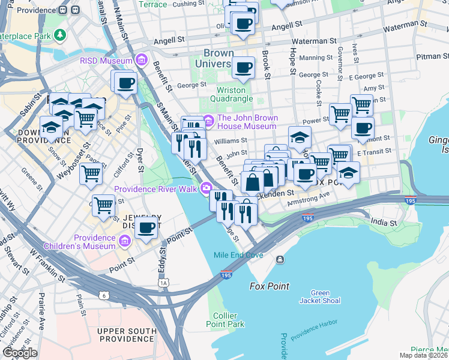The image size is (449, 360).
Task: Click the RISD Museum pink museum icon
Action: [142, 61]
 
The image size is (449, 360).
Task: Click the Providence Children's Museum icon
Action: [125, 241]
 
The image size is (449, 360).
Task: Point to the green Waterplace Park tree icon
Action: [59, 35]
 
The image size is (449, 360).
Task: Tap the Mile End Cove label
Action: [238, 255]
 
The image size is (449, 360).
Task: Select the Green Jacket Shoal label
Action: [320, 297]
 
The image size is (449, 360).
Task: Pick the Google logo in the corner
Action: [20, 353]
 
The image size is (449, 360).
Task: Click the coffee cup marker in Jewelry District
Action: [146, 227]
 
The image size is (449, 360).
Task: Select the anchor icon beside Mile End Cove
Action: [280, 259]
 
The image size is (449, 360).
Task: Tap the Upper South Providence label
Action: [128, 335]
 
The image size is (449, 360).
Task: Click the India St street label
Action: [384, 223]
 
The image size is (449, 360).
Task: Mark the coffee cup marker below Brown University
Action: [243, 67]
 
